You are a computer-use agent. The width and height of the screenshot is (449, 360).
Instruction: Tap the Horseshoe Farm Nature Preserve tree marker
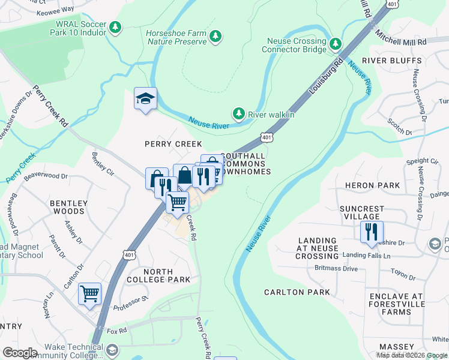215,37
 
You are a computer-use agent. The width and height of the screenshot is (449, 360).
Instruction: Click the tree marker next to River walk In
239,113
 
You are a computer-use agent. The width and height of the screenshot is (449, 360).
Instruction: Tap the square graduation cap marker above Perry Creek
145,99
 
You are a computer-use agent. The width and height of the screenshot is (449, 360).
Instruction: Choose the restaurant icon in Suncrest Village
372,231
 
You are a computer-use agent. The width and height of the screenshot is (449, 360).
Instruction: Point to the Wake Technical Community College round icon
112,350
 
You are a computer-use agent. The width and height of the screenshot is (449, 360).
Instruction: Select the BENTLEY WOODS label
68,207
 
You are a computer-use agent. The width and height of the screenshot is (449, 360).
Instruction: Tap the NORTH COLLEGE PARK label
158,275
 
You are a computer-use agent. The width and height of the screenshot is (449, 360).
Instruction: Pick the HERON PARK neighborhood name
377,185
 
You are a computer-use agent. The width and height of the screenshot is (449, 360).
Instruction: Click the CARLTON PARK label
297,292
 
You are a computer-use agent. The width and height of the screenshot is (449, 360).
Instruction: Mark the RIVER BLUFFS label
385,61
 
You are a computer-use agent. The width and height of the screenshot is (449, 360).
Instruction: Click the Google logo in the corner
20,353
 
